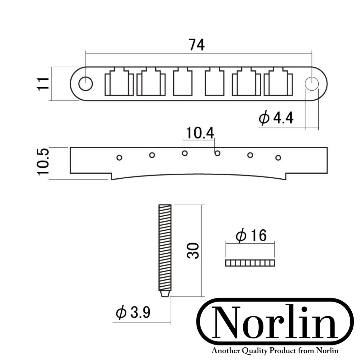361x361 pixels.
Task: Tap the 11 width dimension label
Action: tap(44, 84)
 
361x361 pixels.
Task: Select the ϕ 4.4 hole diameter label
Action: tap(276, 118)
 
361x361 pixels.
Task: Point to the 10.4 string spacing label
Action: tap(199, 134)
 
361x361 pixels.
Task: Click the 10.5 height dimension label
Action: tap(43, 162)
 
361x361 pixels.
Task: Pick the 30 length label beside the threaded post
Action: tap(193, 251)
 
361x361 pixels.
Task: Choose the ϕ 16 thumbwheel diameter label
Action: tap(251, 235)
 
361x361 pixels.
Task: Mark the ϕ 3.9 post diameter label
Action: tap(133, 312)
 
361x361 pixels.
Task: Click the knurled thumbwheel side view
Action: tap(250, 263)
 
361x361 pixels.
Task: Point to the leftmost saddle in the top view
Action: tap(119, 83)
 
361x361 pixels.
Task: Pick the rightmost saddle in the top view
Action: tap(278, 83)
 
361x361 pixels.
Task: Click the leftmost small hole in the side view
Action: tap(119, 157)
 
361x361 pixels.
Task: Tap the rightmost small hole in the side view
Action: tap(278, 157)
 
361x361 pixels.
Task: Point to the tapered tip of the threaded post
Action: tap(165, 293)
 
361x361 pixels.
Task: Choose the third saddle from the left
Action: tap(183, 83)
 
